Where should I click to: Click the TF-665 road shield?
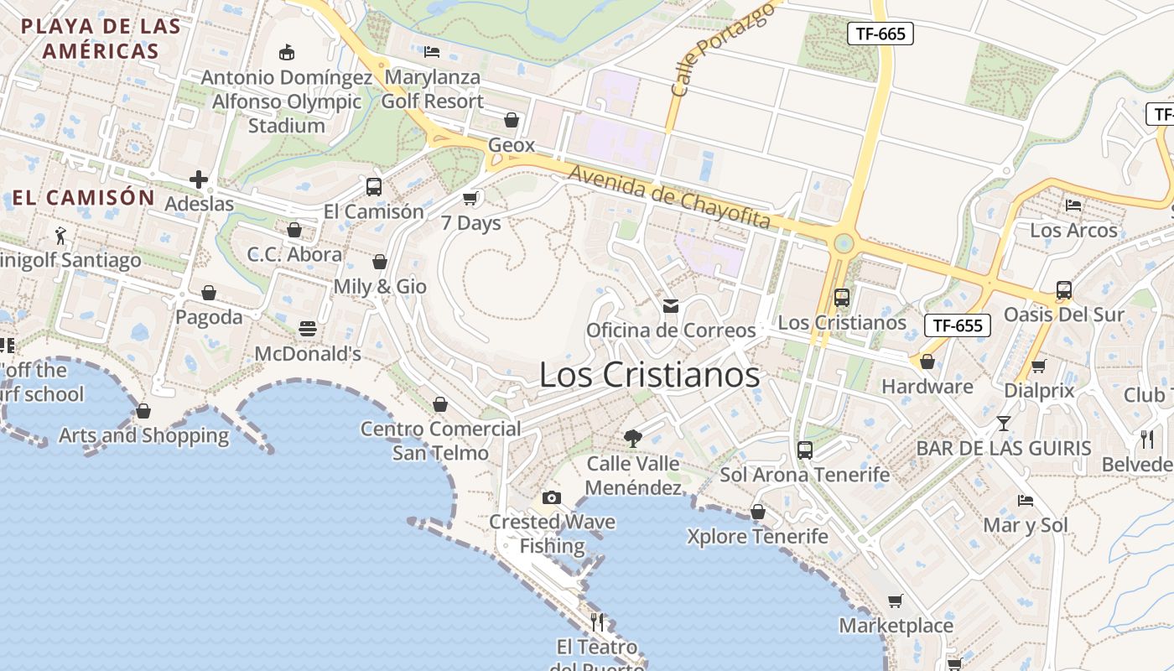click(880, 34)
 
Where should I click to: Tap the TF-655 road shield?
click(958, 325)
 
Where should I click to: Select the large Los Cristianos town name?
click(649, 375)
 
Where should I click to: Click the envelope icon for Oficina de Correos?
click(671, 306)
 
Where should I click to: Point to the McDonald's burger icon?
click(308, 329)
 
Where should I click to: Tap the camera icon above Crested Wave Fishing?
click(551, 497)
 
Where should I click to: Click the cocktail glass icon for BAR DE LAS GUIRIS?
click(1003, 423)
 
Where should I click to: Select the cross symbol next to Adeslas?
click(199, 179)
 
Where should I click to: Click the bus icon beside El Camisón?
click(374, 186)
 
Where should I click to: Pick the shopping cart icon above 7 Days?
click(470, 198)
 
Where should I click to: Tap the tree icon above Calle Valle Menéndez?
click(633, 438)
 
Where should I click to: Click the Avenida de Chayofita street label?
click(669, 197)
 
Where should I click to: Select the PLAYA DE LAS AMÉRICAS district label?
click(101, 38)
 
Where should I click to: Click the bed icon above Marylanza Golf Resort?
click(432, 52)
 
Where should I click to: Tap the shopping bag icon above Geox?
click(512, 120)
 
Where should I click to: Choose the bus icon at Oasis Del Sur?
click(1064, 290)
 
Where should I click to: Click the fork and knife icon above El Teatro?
click(597, 622)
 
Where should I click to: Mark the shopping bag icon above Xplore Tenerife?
click(758, 512)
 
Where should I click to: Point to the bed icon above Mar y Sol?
click(1026, 501)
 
